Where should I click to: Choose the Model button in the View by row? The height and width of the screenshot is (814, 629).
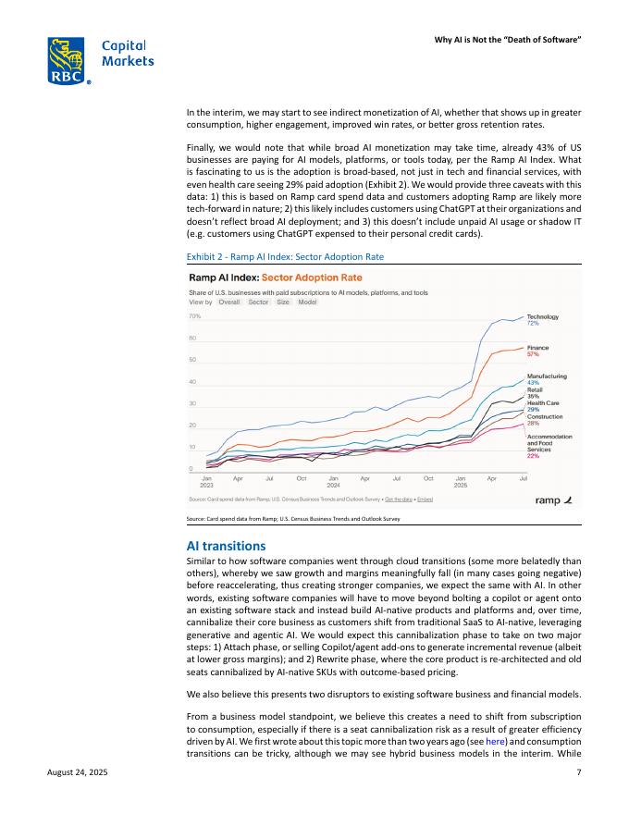click(x=307, y=302)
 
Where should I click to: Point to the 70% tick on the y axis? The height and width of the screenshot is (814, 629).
click(x=196, y=316)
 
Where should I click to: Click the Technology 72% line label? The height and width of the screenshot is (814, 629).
click(x=542, y=320)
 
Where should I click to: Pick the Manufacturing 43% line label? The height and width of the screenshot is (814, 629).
click(x=547, y=379)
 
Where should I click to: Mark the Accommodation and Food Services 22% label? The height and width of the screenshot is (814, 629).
click(x=549, y=446)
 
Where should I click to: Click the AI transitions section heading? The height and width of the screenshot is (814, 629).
click(x=227, y=547)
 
